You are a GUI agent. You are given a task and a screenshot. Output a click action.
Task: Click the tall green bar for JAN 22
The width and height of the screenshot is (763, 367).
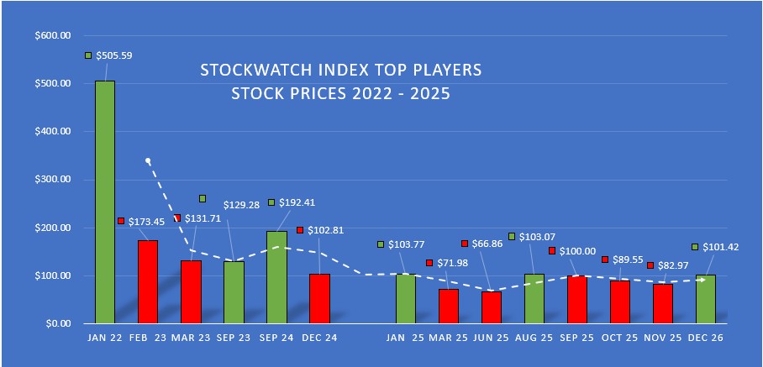tap(105, 202)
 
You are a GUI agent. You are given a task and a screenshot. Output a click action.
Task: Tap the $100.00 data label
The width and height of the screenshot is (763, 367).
tap(577, 251)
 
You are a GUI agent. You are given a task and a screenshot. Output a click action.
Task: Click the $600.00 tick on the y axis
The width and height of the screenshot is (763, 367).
tap(53, 36)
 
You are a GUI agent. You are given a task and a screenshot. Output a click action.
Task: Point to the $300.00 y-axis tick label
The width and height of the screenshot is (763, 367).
tap(53, 180)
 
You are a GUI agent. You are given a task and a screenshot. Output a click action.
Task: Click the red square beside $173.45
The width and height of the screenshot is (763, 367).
tap(121, 221)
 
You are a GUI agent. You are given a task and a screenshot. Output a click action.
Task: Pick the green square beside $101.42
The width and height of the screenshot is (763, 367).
tap(694, 247)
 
